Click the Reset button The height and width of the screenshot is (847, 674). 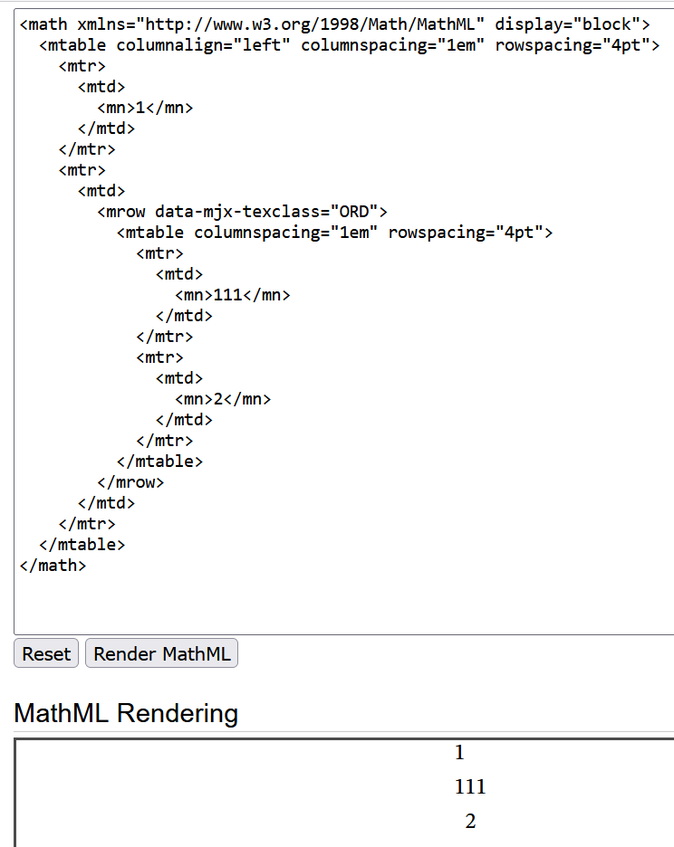click(46, 654)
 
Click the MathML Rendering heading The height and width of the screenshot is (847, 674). click(126, 713)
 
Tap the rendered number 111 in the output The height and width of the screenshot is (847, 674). click(470, 787)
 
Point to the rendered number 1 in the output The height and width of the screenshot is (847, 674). click(459, 753)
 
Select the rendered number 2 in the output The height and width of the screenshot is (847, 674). click(470, 822)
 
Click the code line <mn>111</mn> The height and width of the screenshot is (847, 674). click(233, 295)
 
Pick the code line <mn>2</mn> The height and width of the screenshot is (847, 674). click(223, 399)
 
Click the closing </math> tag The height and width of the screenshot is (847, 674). click(53, 566)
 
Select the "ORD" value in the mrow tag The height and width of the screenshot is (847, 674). click(354, 212)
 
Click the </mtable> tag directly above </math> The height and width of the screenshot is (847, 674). click(82, 545)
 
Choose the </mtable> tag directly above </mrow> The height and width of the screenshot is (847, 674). click(159, 462)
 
